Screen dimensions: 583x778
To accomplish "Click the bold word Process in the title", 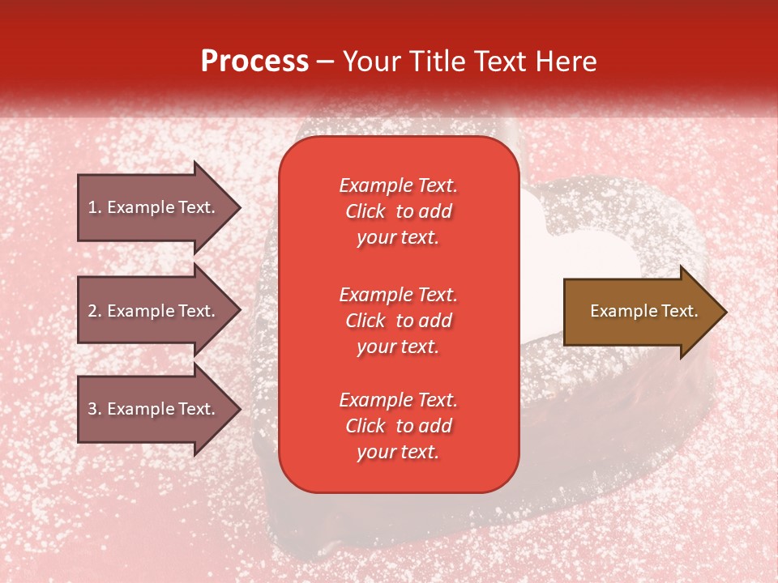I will [x=254, y=62].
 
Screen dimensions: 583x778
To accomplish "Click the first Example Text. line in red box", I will [x=398, y=185].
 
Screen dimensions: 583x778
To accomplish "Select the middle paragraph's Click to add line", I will [x=398, y=321].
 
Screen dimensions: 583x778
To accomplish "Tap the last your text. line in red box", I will [x=398, y=453].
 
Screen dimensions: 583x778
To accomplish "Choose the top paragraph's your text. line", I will [x=398, y=238].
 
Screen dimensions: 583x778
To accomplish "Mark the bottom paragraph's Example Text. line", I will [x=398, y=400].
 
